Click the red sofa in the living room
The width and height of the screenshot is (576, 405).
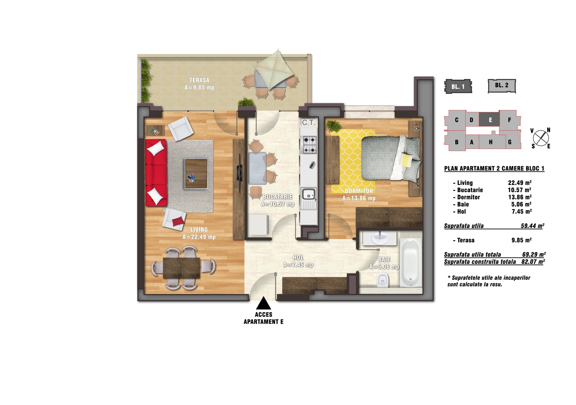(x=156, y=173)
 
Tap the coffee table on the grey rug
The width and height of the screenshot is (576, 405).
(x=196, y=174)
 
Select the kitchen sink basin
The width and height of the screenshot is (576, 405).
(x=308, y=194)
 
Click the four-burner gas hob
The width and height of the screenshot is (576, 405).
(x=309, y=145)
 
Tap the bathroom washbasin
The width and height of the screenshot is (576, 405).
(x=379, y=238)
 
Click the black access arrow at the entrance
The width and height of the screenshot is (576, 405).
(x=263, y=303)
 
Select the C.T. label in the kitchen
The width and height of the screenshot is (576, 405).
(x=308, y=122)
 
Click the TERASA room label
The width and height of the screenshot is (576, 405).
(x=199, y=80)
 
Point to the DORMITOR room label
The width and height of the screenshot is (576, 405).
(x=359, y=191)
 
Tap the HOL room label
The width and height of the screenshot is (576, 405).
(x=298, y=258)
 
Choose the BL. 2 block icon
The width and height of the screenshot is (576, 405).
(x=502, y=86)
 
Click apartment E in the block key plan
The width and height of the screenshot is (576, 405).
(x=490, y=120)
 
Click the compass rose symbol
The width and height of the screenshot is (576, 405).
(x=541, y=138)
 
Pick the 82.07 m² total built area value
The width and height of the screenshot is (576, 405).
(x=533, y=262)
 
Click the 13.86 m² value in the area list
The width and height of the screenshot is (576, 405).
(x=520, y=197)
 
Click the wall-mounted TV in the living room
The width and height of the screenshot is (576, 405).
(x=239, y=173)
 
